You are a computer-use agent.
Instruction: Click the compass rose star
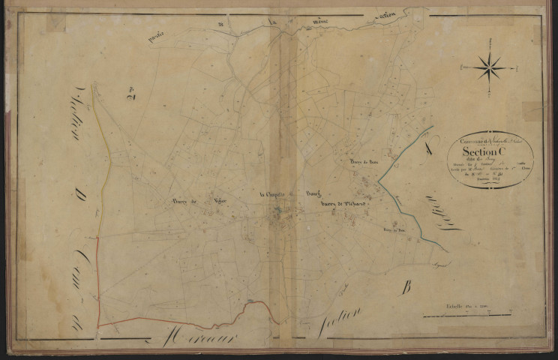tap(490, 69)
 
